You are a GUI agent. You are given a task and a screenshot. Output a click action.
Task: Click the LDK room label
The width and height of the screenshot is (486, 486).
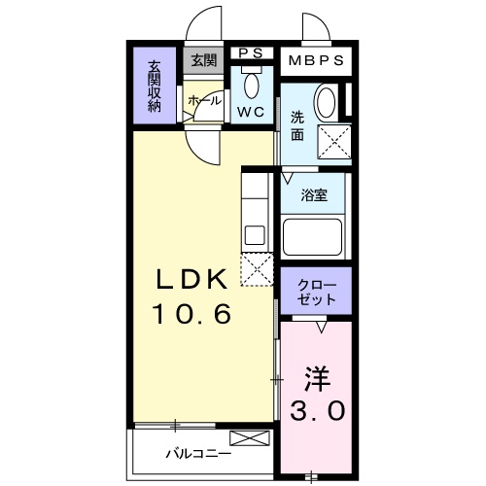tap(193, 280)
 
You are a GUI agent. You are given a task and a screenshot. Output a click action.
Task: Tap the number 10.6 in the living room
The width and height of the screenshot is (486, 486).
tap(191, 315)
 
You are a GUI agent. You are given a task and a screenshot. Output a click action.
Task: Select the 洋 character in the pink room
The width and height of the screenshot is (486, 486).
tap(315, 375)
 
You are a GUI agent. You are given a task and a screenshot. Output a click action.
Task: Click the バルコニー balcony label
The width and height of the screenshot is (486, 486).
tap(197, 454)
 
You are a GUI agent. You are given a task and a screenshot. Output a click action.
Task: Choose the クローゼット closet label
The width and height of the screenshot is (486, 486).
tap(316, 292)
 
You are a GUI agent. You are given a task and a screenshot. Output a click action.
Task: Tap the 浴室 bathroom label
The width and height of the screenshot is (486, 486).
tap(314, 194)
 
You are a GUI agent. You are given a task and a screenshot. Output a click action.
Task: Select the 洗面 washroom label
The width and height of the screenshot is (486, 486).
tap(296, 126)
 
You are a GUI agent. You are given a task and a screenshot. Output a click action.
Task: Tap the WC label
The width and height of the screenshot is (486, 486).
tap(252, 112)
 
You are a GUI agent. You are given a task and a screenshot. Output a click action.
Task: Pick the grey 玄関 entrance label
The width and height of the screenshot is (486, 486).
tap(203, 61)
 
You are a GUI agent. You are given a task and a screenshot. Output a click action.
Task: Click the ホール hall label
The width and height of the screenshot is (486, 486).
tap(204, 99)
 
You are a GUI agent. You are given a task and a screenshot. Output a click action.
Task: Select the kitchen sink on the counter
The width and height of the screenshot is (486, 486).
tap(255, 234)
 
